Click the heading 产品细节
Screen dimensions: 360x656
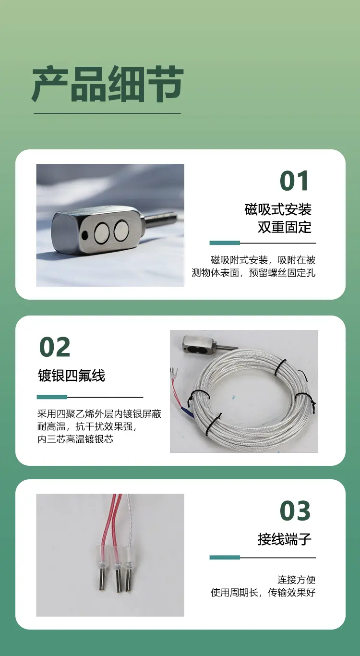coord(108,84)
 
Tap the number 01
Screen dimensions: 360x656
coord(294,181)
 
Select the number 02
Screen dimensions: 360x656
coord(55,347)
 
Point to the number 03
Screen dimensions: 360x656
coord(295,510)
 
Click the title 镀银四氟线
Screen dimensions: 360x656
coord(72,376)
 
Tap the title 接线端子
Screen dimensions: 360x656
coord(285,539)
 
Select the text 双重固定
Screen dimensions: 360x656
coord(285,227)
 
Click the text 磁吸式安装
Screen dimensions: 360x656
coord(278,209)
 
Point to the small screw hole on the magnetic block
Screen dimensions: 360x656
coord(85,234)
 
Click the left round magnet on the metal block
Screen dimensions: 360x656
coord(102,233)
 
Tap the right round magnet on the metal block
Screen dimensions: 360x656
coord(121,231)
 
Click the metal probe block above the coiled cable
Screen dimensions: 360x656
coord(199,344)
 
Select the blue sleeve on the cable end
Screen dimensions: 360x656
coord(187,411)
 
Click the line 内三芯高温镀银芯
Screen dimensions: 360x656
coord(75,439)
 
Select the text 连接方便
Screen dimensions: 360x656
coord(297,580)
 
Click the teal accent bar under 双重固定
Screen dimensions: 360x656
coord(225,243)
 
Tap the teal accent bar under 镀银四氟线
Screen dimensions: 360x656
coord(52,397)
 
